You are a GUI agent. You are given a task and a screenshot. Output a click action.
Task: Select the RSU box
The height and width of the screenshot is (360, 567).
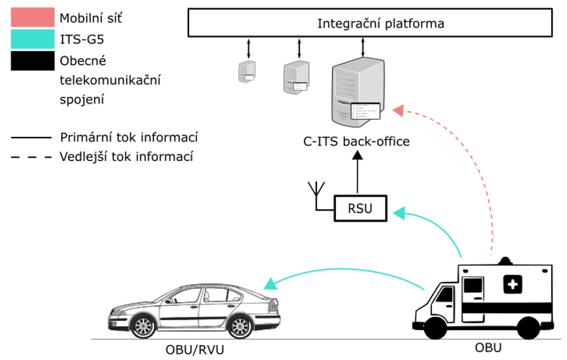(360, 209)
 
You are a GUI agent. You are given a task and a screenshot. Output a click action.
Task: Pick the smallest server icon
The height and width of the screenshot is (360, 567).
(247, 70)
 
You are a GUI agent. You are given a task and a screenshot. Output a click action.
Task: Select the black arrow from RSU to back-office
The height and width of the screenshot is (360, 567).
(358, 173)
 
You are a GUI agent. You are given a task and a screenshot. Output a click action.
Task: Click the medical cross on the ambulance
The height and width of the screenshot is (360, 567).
(512, 284)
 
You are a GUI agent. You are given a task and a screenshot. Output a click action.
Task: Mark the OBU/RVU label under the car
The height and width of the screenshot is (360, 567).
(194, 350)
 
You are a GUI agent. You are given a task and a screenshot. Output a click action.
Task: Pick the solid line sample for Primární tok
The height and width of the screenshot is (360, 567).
(31, 138)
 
